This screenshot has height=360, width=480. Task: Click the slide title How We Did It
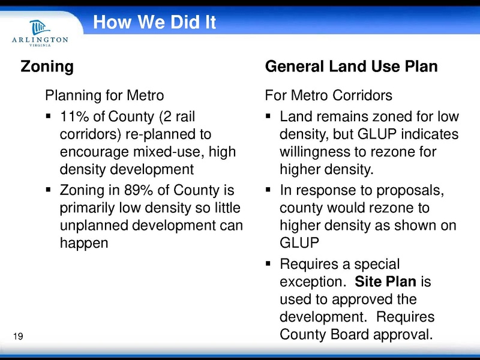pos(154,23)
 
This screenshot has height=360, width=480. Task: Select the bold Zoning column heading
pos(47,66)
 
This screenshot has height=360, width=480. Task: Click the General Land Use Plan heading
pos(351,66)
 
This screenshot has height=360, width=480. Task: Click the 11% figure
pos(74,115)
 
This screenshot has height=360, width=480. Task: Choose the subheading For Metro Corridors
pos(329,95)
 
